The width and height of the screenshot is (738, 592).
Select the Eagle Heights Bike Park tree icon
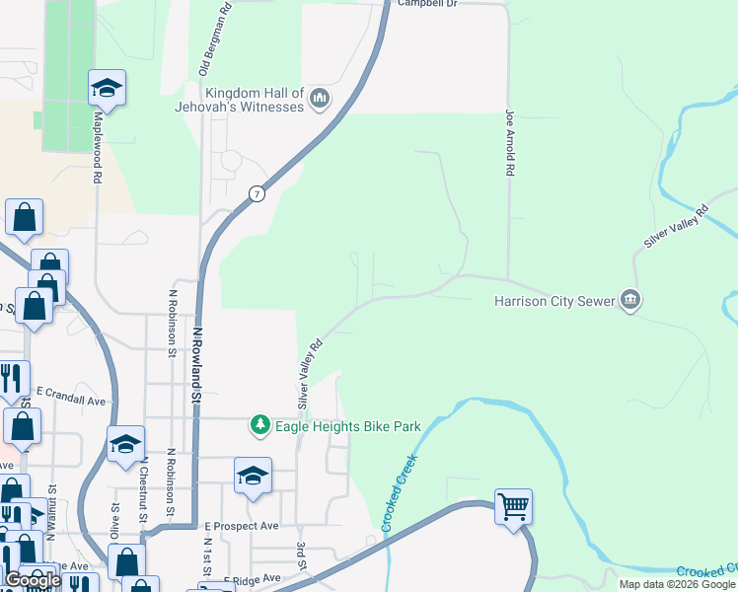pos(259,425)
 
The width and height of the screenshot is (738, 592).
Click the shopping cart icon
pos(513,507)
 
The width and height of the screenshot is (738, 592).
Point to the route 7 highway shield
pos(257,193)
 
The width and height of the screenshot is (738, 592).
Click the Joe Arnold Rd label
pos(510,142)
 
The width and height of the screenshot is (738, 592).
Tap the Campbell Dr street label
pos(428,4)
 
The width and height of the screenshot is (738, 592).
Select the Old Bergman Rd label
pos(215,38)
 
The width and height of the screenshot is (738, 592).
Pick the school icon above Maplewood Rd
pos(107,89)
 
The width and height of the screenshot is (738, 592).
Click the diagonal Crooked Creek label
pos(400,492)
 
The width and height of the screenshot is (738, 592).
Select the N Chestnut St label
pos(144,489)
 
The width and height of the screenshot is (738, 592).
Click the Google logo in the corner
pos(33,581)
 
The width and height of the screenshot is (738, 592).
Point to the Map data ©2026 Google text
pos(676,584)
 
